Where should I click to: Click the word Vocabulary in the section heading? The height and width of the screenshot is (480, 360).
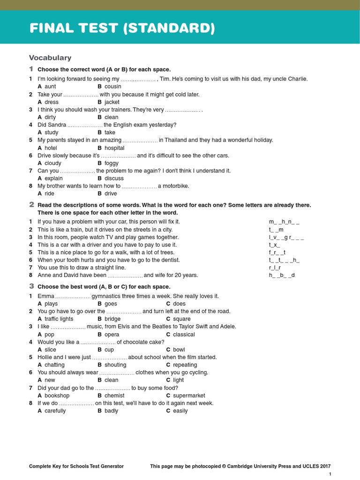[x=50, y=58]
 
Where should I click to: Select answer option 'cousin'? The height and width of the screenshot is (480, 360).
[x=112, y=86]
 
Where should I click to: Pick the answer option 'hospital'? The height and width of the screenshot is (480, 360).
[x=114, y=148]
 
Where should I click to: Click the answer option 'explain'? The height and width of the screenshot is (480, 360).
[x=53, y=178]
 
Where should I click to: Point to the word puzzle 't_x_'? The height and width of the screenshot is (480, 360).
[x=274, y=245]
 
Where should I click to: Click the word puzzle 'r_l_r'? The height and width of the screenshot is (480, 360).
[x=275, y=267]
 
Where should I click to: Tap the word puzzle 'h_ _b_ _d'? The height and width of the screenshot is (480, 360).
[x=282, y=275]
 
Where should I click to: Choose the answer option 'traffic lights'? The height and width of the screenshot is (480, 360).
[x=59, y=319]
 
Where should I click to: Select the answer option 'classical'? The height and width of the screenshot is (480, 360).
[x=184, y=334]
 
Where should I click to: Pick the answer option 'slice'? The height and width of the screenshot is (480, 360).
[x=50, y=350]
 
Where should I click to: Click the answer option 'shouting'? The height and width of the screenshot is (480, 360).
[x=115, y=365]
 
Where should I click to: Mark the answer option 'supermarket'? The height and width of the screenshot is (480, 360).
[x=189, y=396]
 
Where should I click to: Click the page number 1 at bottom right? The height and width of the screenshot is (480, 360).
[x=330, y=474]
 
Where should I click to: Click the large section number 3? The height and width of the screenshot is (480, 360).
[x=31, y=286]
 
